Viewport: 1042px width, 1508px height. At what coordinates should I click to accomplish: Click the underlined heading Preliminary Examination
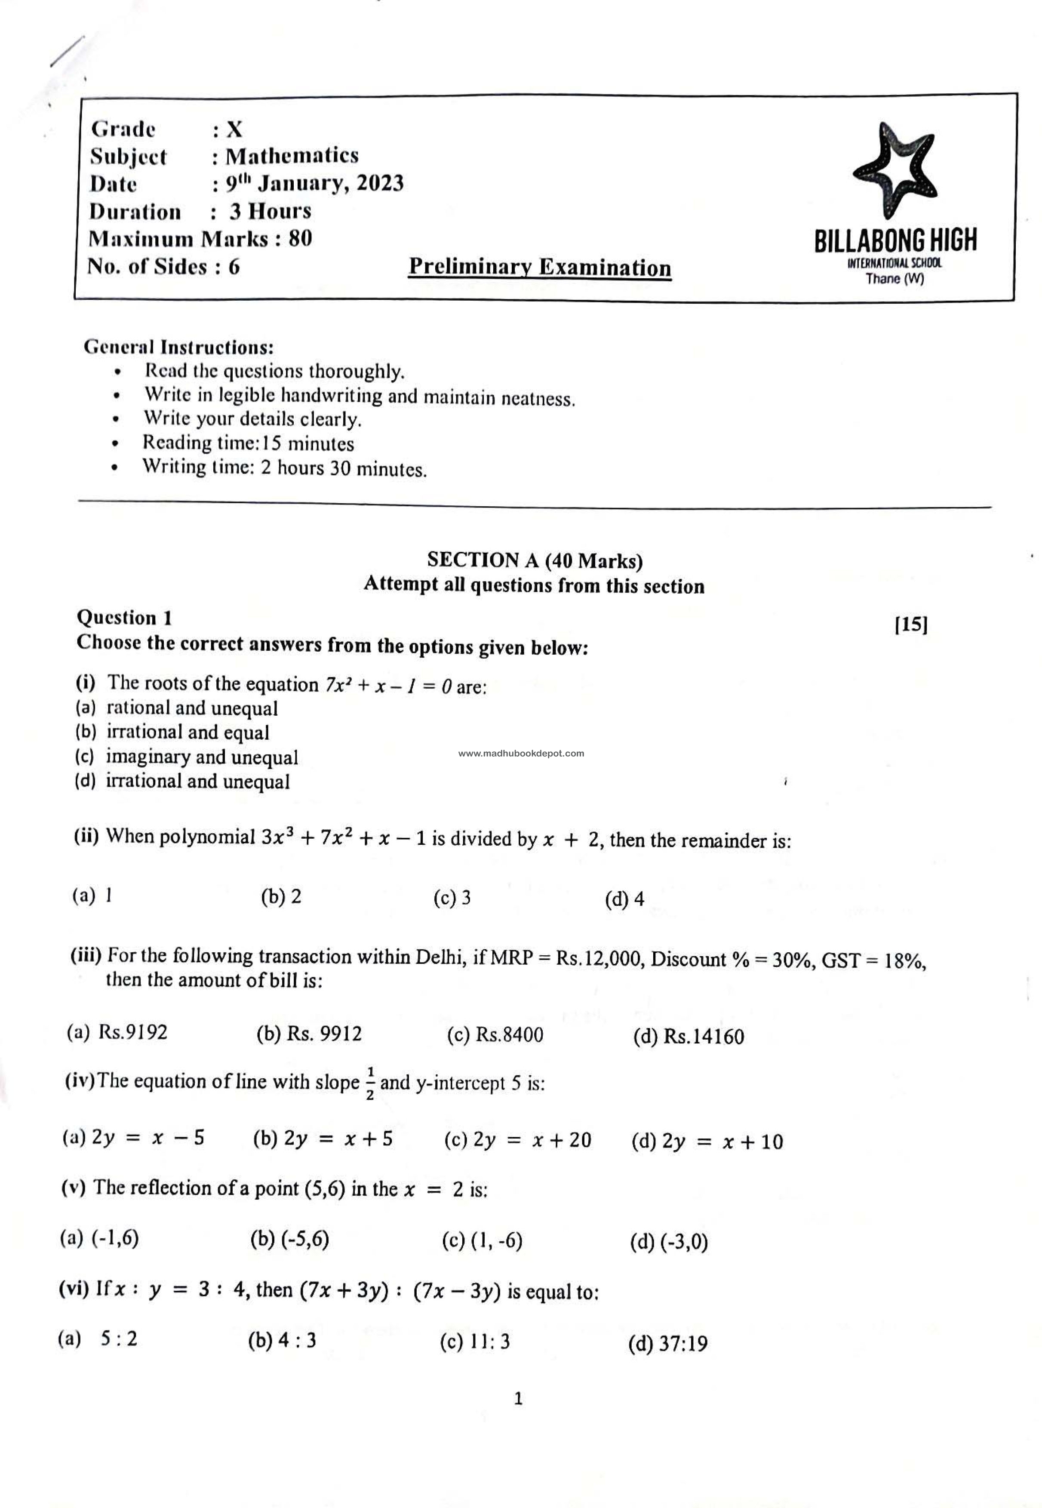[539, 268]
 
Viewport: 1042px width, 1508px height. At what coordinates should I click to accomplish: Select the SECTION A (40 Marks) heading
[535, 560]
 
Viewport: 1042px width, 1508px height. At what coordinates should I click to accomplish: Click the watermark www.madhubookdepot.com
[521, 753]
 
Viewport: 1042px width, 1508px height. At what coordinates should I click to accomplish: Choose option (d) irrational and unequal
[182, 782]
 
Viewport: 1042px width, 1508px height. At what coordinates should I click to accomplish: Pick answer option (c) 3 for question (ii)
[452, 898]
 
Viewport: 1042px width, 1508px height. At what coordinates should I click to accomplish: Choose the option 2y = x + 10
[707, 1142]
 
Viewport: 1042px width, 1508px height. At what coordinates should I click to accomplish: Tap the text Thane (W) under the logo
[894, 280]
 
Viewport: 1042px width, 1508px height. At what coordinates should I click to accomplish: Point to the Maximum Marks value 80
[300, 239]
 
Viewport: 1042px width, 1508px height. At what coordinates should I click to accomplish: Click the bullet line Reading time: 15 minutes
[248, 443]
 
